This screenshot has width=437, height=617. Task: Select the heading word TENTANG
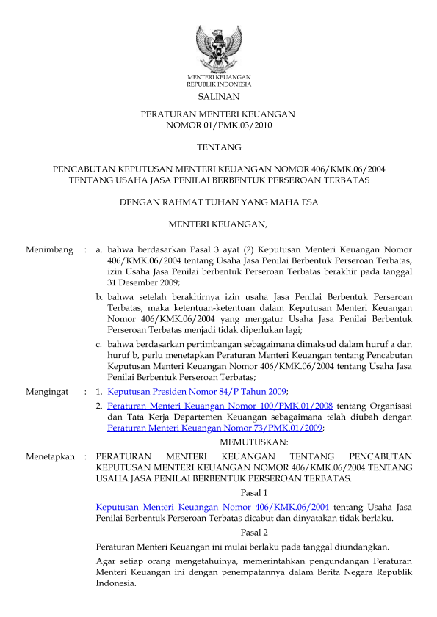pyautogui.click(x=218, y=147)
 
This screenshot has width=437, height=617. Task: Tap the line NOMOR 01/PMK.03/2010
pyautogui.click(x=218, y=125)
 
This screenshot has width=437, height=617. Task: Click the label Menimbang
pyautogui.click(x=50, y=250)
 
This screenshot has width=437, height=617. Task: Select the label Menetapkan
pyautogui.click(x=51, y=456)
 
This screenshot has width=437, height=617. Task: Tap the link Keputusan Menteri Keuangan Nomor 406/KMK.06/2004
pyautogui.click(x=212, y=506)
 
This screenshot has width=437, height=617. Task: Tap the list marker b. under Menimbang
pyautogui.click(x=100, y=296)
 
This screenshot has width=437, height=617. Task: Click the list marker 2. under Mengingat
pyautogui.click(x=100, y=406)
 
